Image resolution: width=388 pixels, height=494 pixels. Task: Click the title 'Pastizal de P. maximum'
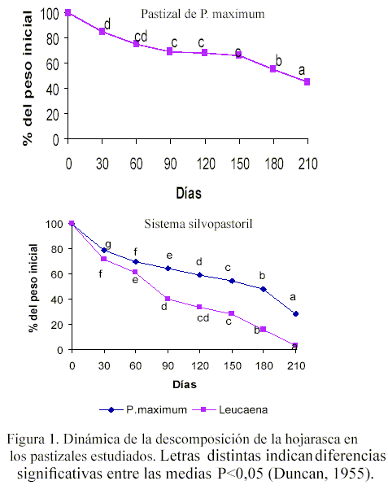tap(203, 14)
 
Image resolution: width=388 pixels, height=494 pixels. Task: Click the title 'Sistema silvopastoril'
tap(198, 224)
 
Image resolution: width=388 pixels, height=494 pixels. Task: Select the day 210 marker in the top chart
tap(307, 82)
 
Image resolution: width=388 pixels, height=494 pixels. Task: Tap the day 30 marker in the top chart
tap(102, 31)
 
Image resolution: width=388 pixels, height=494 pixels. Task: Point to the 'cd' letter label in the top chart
tap(141, 37)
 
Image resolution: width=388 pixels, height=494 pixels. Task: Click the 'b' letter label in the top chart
tap(278, 61)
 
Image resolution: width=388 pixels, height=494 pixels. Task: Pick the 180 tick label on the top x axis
tap(274, 164)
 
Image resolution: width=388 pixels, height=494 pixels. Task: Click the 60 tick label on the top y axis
tap(52, 64)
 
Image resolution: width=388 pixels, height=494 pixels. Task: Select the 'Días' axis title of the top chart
tap(189, 193)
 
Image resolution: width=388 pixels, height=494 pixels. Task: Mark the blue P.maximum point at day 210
tap(295, 314)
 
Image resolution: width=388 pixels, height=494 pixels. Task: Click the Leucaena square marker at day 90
tap(168, 299)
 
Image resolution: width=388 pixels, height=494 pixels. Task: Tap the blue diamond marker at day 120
tap(199, 275)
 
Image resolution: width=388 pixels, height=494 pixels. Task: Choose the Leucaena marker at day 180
tap(264, 330)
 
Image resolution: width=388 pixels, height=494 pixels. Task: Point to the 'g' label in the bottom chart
tap(108, 244)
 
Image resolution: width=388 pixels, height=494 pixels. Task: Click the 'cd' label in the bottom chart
tap(203, 318)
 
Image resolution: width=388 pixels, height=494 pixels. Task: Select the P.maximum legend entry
tap(143, 409)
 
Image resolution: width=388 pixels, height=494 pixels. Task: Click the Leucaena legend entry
tap(230, 409)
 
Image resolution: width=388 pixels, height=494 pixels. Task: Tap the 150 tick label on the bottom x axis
tap(233, 365)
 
